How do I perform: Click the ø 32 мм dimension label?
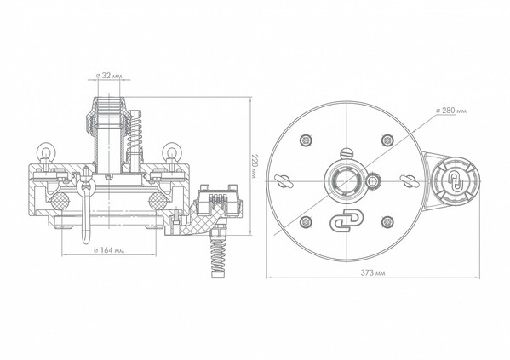(109, 76)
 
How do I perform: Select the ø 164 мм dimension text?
(109, 250)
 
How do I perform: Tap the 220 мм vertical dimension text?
(255, 166)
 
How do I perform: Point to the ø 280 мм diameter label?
(450, 111)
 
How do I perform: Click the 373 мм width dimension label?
(373, 273)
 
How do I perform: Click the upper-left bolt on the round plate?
(306, 140)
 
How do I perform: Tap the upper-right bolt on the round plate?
(387, 140)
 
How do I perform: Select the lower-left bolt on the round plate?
(306, 222)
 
